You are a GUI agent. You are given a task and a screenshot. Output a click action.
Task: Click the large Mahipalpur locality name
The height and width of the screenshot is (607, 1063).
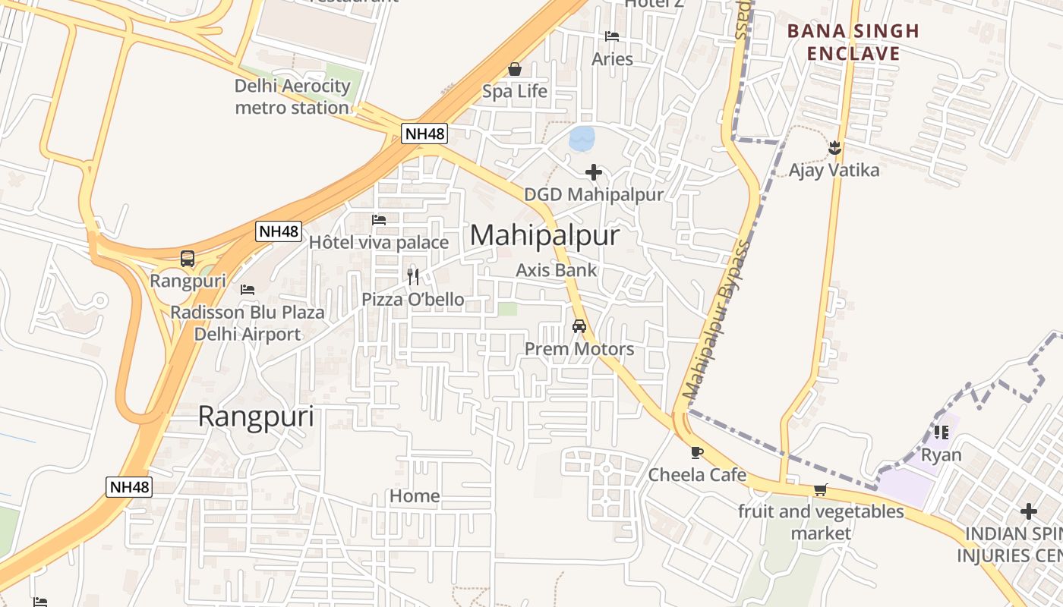click(544, 236)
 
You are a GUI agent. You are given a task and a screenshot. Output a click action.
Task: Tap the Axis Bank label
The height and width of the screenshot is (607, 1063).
click(557, 270)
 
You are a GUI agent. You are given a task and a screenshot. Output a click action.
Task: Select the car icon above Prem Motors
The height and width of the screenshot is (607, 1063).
click(579, 326)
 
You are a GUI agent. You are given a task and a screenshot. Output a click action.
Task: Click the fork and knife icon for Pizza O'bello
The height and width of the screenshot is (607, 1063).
click(413, 276)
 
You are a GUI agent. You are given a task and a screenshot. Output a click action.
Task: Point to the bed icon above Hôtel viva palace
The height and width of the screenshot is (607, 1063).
click(379, 220)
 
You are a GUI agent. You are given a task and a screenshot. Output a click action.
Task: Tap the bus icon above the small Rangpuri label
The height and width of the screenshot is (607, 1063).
click(188, 259)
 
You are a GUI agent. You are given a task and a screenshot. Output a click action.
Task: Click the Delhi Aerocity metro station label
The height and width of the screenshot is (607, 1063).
click(292, 97)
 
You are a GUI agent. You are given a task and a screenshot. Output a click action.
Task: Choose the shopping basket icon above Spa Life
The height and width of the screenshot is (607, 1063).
click(515, 70)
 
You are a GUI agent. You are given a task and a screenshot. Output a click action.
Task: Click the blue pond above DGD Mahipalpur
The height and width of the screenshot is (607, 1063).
click(582, 139)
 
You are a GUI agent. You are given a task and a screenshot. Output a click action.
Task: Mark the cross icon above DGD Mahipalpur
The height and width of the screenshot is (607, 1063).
click(594, 172)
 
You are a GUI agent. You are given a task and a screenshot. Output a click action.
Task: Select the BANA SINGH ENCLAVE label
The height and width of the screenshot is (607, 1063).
click(853, 42)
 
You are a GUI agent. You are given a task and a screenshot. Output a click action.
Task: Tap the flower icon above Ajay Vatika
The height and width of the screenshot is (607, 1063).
click(834, 147)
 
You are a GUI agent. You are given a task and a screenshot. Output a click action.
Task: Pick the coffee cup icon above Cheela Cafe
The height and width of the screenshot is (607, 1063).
click(696, 452)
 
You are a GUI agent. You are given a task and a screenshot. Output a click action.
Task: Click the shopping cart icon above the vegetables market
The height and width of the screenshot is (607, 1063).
click(820, 489)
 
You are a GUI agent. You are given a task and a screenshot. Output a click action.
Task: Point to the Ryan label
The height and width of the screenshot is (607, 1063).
click(941, 455)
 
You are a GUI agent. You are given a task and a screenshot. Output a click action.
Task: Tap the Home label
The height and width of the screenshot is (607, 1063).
click(415, 496)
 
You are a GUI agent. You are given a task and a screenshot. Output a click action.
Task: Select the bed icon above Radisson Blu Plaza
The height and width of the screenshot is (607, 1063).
click(247, 289)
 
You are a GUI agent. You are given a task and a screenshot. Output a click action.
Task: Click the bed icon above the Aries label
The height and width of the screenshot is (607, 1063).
click(612, 36)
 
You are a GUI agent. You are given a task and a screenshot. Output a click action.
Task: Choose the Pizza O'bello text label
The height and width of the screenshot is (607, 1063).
click(413, 300)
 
